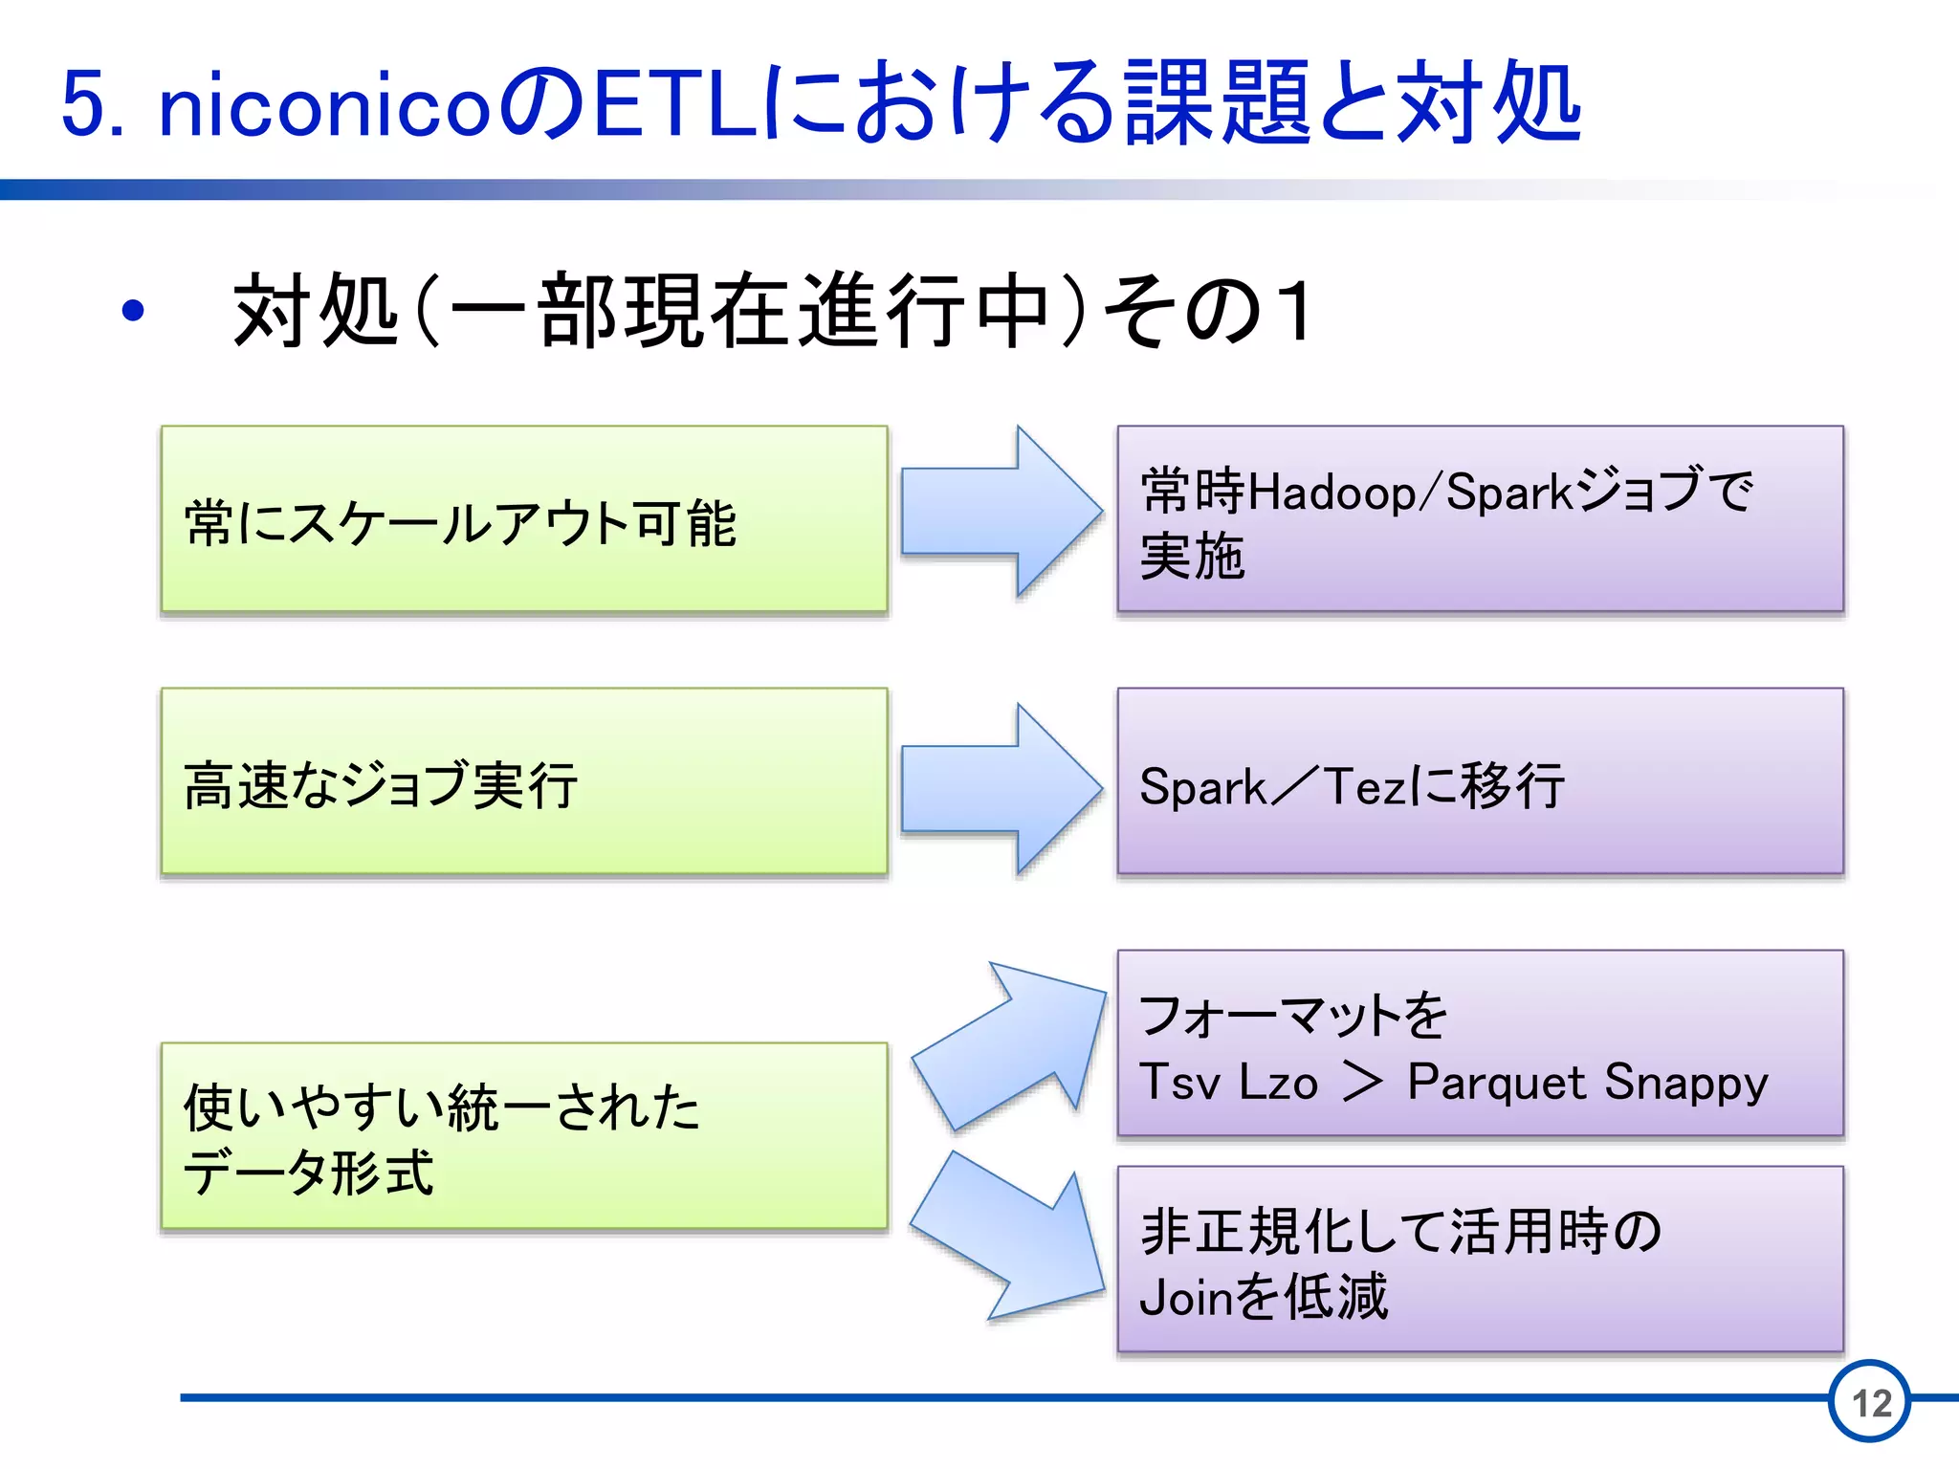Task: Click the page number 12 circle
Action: coord(1870,1402)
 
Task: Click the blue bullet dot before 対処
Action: coord(133,311)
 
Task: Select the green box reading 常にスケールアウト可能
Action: coord(524,519)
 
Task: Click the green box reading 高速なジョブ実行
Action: coord(524,781)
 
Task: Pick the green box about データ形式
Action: coord(524,1136)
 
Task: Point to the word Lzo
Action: coord(1278,1083)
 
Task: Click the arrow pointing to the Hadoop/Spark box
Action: coord(999,512)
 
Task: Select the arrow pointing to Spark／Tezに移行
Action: coord(999,789)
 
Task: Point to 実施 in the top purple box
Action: coord(1192,557)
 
